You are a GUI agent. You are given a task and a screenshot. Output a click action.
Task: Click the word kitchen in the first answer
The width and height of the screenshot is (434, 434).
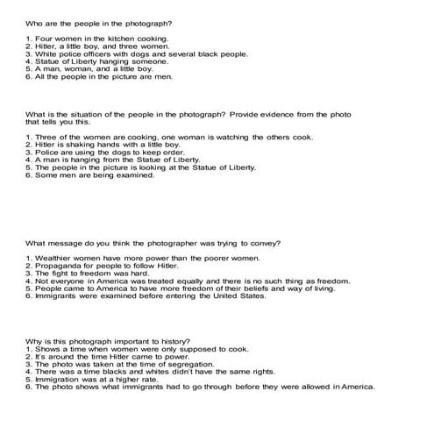pyautogui.click(x=112, y=39)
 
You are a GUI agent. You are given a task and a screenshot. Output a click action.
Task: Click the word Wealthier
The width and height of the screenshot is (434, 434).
pyautogui.click(x=55, y=260)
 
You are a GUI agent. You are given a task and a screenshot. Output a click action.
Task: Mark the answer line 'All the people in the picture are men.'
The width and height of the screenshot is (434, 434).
pyautogui.click(x=99, y=76)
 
